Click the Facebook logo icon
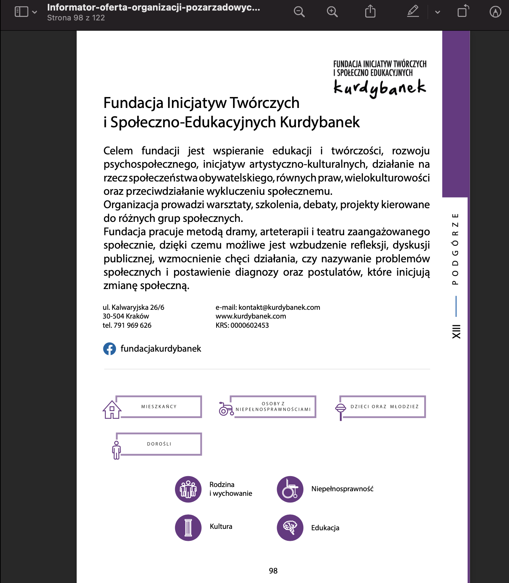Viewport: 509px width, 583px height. click(x=109, y=349)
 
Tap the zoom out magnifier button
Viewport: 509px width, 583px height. click(x=299, y=12)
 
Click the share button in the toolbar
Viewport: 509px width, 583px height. click(x=370, y=12)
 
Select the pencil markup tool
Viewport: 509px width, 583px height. click(x=413, y=12)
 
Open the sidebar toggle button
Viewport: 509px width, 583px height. click(x=21, y=12)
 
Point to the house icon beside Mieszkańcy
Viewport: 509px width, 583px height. click(x=112, y=410)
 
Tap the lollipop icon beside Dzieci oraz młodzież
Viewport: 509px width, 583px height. click(x=341, y=410)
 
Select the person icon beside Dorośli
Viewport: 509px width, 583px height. click(x=116, y=450)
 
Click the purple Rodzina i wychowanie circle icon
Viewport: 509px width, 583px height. click(x=188, y=489)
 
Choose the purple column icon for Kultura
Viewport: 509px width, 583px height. click(x=188, y=528)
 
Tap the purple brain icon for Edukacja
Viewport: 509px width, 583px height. click(x=290, y=528)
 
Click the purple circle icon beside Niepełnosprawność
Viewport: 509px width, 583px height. click(x=290, y=489)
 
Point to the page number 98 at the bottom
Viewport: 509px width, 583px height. click(x=273, y=571)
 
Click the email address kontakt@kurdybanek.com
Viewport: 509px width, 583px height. click(x=279, y=307)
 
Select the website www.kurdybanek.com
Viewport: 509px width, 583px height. click(x=251, y=316)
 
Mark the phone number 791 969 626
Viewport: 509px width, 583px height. click(x=133, y=325)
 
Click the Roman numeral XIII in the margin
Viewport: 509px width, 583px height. click(x=456, y=332)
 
